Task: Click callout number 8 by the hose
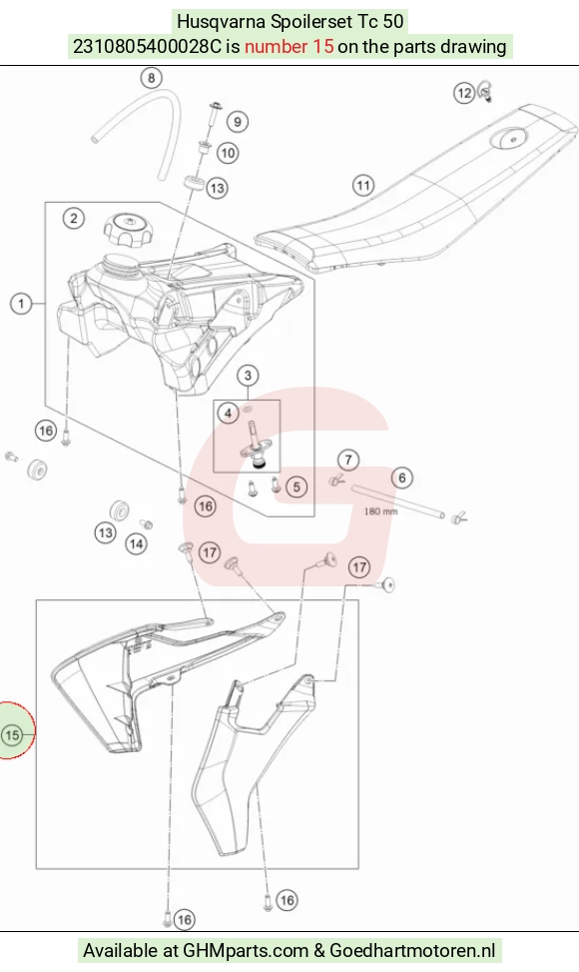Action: tap(151, 78)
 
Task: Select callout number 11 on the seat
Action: tap(363, 186)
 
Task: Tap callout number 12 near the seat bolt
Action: tap(464, 93)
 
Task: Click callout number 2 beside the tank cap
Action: tap(74, 218)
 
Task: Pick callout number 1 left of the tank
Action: tap(22, 304)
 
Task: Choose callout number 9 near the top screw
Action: tap(238, 122)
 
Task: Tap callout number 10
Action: tap(228, 153)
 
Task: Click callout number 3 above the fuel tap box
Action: tap(248, 375)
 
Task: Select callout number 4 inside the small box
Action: tap(228, 413)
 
